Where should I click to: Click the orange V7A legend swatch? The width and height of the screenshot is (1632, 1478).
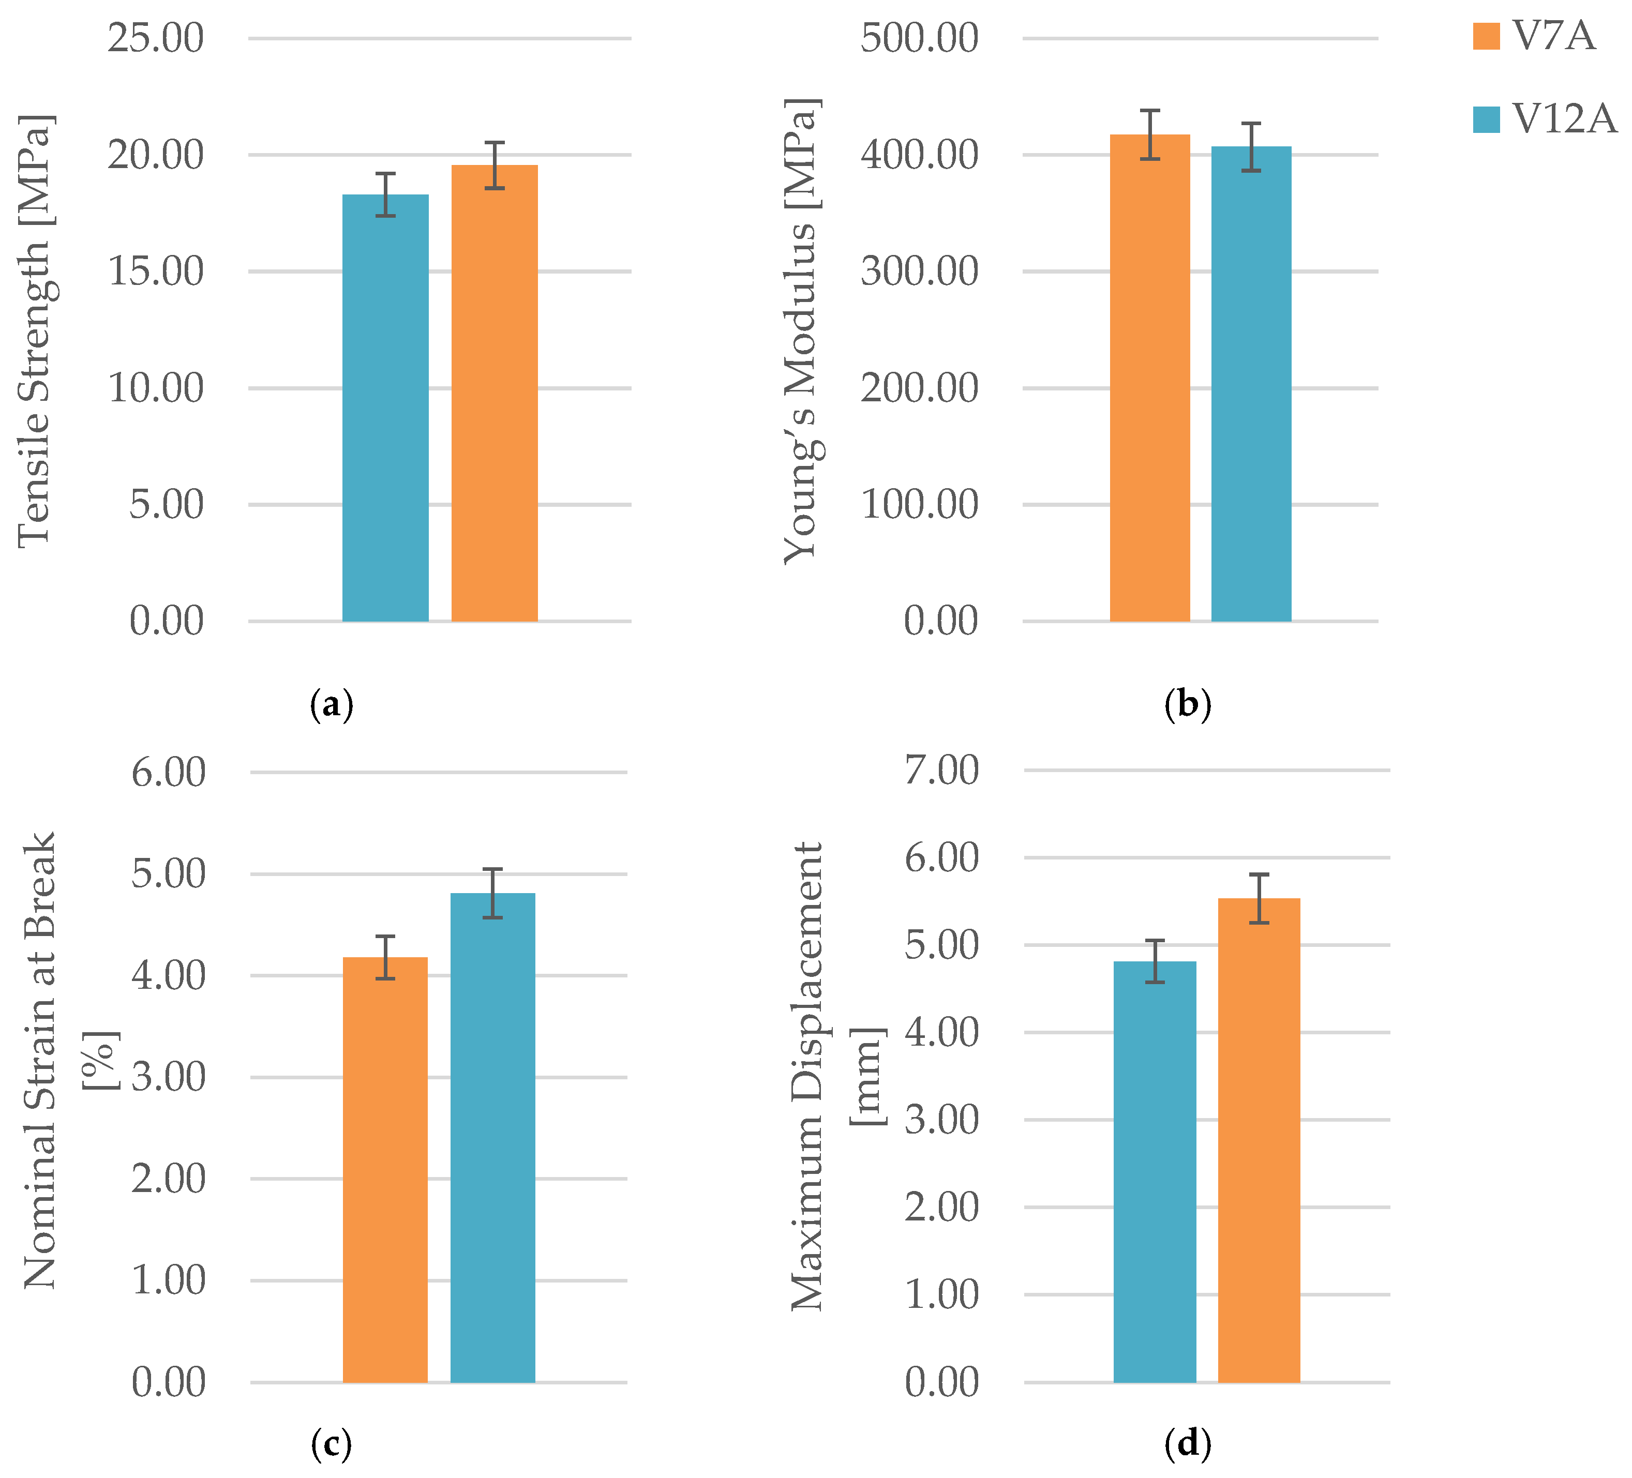1486,36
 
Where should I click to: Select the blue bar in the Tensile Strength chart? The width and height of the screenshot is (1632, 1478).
385,409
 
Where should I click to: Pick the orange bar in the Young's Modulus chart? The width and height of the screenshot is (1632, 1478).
1149,378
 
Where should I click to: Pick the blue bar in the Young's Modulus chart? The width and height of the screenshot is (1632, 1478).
1251,384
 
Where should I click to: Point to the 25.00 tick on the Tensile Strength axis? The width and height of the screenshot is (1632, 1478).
155,38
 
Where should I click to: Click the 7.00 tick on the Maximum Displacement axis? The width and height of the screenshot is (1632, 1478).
941,770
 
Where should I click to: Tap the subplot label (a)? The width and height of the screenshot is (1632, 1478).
332,705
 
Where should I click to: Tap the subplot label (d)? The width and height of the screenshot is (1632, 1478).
1188,1443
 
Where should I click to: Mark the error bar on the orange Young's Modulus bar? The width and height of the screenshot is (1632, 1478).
1149,134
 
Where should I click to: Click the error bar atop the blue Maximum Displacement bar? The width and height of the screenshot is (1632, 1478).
1155,961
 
